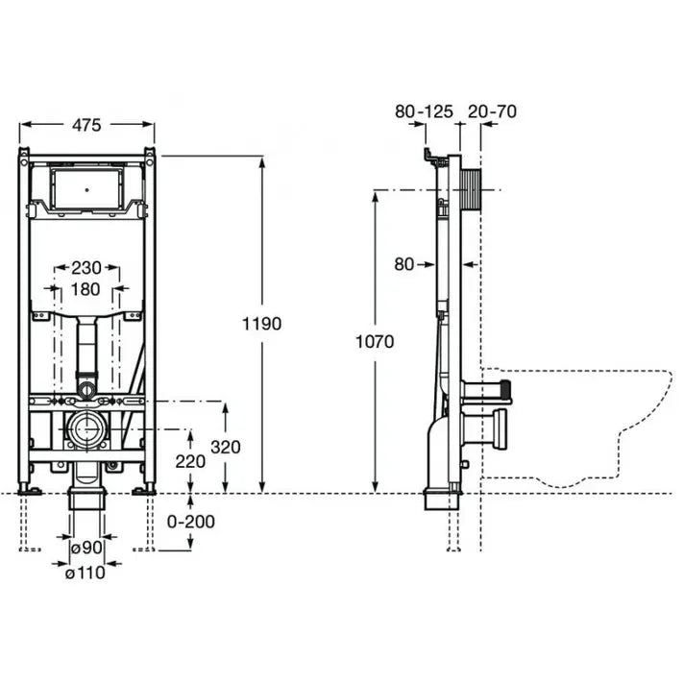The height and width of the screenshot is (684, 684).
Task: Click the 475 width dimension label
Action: (86, 125)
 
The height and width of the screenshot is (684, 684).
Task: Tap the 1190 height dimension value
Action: (261, 324)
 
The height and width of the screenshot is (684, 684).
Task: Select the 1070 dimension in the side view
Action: (375, 341)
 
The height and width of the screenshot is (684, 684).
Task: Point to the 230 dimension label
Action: (86, 268)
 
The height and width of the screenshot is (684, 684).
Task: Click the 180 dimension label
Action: (85, 289)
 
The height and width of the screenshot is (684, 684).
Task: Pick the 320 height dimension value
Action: (226, 447)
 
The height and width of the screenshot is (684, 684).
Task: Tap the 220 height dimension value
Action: (190, 461)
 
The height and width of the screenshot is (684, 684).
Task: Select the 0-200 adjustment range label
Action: (191, 522)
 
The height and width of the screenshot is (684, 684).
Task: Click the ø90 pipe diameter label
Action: (86, 547)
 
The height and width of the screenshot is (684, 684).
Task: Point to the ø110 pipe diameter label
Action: (85, 573)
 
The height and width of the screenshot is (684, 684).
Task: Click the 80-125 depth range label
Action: (424, 111)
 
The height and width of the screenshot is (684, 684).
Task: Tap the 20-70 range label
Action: (492, 111)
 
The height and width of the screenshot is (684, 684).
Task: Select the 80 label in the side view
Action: (403, 264)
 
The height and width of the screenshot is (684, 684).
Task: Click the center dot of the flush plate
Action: (86, 190)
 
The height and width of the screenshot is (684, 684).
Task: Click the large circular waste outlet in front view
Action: (86, 429)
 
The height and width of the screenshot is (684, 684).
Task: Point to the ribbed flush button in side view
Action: (471, 190)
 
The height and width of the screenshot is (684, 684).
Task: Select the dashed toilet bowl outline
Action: (575, 428)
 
